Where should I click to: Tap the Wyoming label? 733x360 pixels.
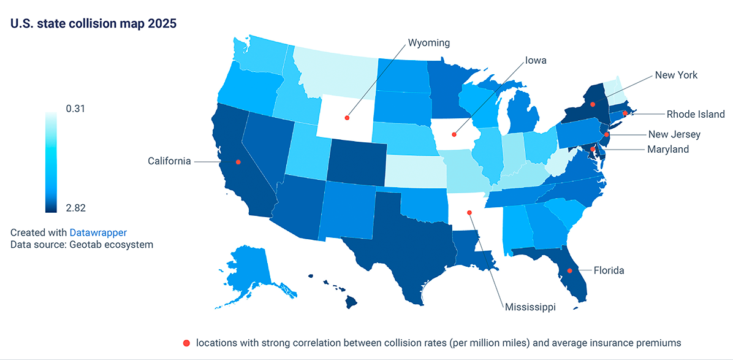coord(429,43)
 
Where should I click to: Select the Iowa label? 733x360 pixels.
coord(535,61)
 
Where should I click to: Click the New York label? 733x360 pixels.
coord(676,75)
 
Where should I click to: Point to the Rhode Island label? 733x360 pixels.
coord(696,114)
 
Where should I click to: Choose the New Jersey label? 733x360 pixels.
coord(674,134)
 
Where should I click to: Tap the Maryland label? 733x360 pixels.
coord(669,149)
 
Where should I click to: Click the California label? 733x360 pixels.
coord(169,161)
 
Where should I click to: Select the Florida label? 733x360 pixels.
coord(609,270)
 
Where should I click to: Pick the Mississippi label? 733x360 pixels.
coord(530,307)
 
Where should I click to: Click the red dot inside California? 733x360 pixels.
coord(238,162)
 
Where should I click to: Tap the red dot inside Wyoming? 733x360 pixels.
coord(347,117)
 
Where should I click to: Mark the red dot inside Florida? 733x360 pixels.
coord(569,270)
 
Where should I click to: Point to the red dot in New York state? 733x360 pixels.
coord(593,104)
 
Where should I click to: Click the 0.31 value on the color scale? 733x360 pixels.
coord(75,109)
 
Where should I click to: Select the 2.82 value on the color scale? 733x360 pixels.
coord(75,208)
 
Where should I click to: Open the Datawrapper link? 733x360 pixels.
coord(98,232)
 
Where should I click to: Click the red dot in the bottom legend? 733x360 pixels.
coord(186,342)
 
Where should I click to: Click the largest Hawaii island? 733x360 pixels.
coord(351,302)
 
